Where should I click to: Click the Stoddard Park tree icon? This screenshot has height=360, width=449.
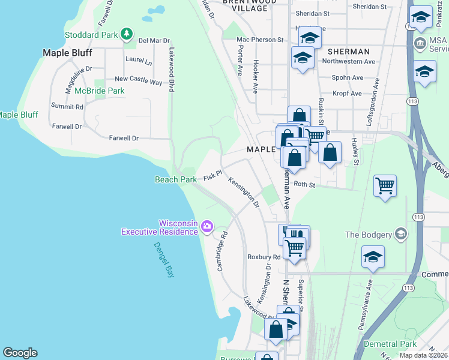(x=126, y=34)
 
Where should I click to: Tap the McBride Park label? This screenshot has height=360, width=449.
(x=99, y=91)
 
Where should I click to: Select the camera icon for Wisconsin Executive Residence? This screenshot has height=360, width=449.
(x=206, y=226)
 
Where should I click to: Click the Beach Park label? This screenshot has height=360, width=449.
(x=176, y=179)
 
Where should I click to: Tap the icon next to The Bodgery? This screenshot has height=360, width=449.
(x=401, y=234)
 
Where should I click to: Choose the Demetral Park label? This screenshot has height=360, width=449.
(x=390, y=344)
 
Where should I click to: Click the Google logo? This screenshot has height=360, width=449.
(x=20, y=353)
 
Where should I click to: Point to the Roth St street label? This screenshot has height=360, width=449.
(x=304, y=185)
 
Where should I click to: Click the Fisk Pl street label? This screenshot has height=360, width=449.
(x=212, y=176)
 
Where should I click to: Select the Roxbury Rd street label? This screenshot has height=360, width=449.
(x=264, y=257)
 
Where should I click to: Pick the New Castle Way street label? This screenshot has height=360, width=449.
(x=138, y=79)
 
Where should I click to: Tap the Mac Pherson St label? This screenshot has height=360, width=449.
(x=260, y=40)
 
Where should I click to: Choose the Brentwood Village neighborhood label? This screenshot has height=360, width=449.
(x=245, y=5)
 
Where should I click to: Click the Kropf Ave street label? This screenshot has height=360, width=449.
(x=348, y=94)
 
